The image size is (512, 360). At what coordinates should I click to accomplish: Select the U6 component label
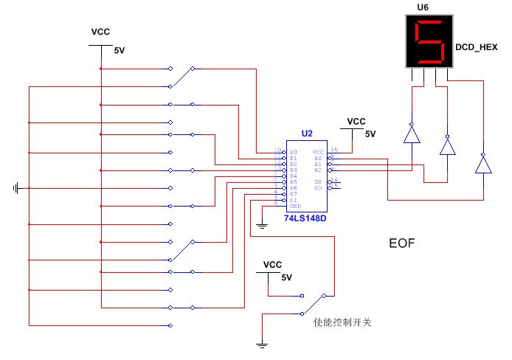[423, 7]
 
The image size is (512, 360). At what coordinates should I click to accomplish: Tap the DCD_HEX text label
[477, 46]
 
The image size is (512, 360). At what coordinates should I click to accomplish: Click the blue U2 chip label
[307, 134]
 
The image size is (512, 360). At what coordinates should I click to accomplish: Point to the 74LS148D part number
[305, 219]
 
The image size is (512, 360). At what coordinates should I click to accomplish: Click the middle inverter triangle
[447, 146]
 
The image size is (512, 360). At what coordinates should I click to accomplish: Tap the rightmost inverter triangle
[483, 163]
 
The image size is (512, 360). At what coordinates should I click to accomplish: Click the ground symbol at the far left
[16, 188]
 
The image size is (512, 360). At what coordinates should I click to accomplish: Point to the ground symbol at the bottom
[262, 343]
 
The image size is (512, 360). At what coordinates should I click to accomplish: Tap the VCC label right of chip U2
[356, 121]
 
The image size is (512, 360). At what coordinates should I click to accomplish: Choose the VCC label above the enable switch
[273, 264]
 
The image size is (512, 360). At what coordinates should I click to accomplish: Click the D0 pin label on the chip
[294, 151]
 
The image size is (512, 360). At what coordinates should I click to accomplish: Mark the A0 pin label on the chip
[318, 157]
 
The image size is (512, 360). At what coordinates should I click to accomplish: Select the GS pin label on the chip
[318, 181]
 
